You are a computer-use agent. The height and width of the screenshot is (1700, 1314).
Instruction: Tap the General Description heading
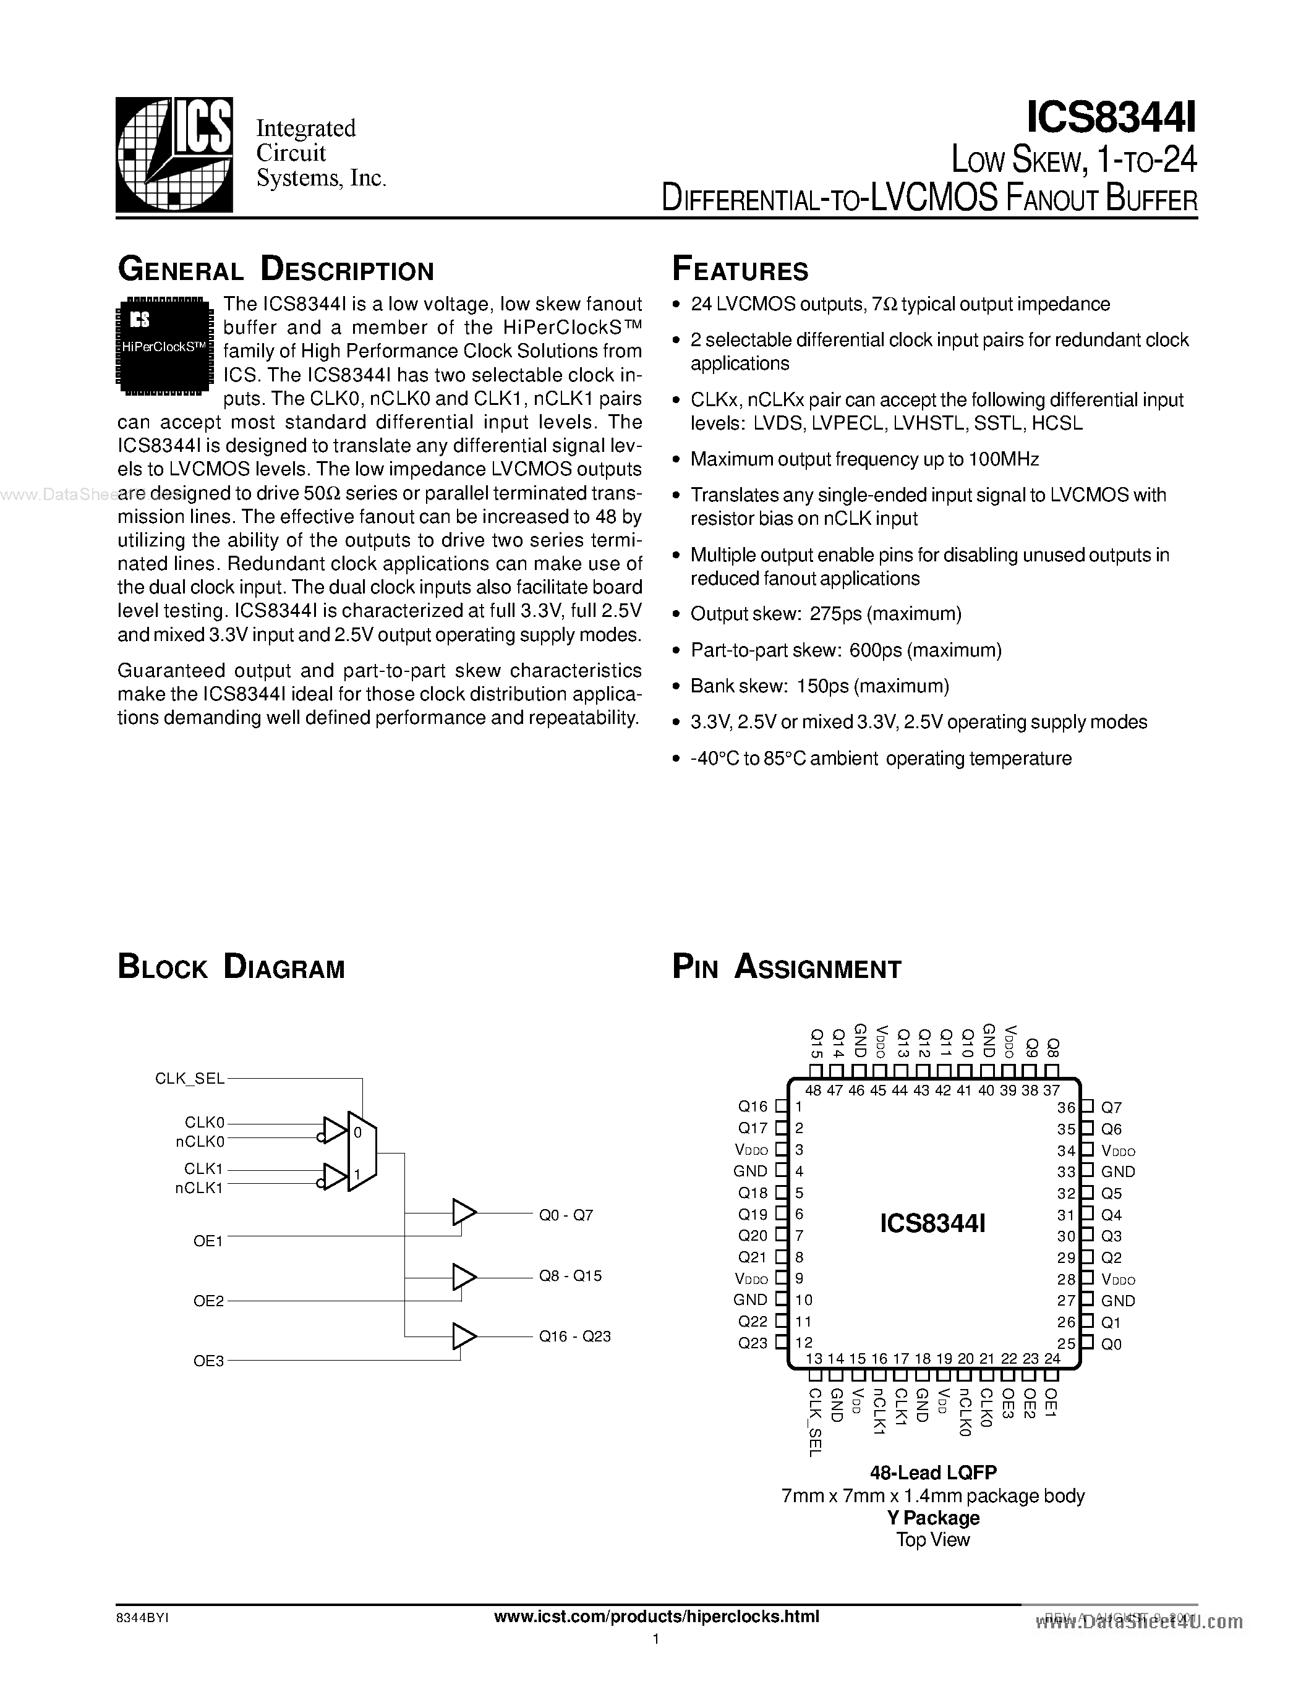click(x=276, y=270)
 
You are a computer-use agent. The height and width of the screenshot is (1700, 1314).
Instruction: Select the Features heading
click(x=740, y=270)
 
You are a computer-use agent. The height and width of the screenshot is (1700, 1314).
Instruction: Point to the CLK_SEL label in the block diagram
click(x=189, y=1078)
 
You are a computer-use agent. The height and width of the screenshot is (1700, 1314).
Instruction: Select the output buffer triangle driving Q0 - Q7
click(x=464, y=1212)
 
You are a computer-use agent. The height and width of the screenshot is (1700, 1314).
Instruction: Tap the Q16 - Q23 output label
click(x=574, y=1336)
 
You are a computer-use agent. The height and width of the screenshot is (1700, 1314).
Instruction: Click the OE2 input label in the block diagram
click(x=208, y=1301)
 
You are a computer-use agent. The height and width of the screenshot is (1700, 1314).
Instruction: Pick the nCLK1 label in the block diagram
click(x=199, y=1188)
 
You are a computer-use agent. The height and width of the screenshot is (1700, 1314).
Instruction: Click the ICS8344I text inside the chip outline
click(x=932, y=1223)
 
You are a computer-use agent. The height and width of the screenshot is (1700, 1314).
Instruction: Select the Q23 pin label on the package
click(x=753, y=1343)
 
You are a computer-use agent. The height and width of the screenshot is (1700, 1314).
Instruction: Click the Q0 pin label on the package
click(x=1112, y=1343)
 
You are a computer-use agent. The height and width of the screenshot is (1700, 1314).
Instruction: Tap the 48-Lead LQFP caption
click(x=932, y=1472)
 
